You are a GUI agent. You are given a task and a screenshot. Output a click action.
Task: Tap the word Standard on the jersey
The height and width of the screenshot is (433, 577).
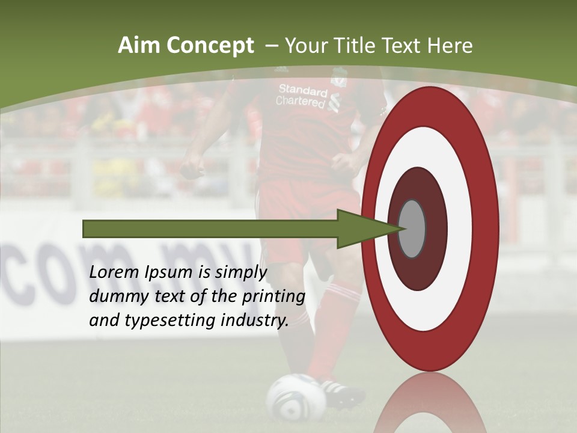point(302,90)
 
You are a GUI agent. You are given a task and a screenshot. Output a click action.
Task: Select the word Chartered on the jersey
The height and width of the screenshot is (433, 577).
point(300,102)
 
